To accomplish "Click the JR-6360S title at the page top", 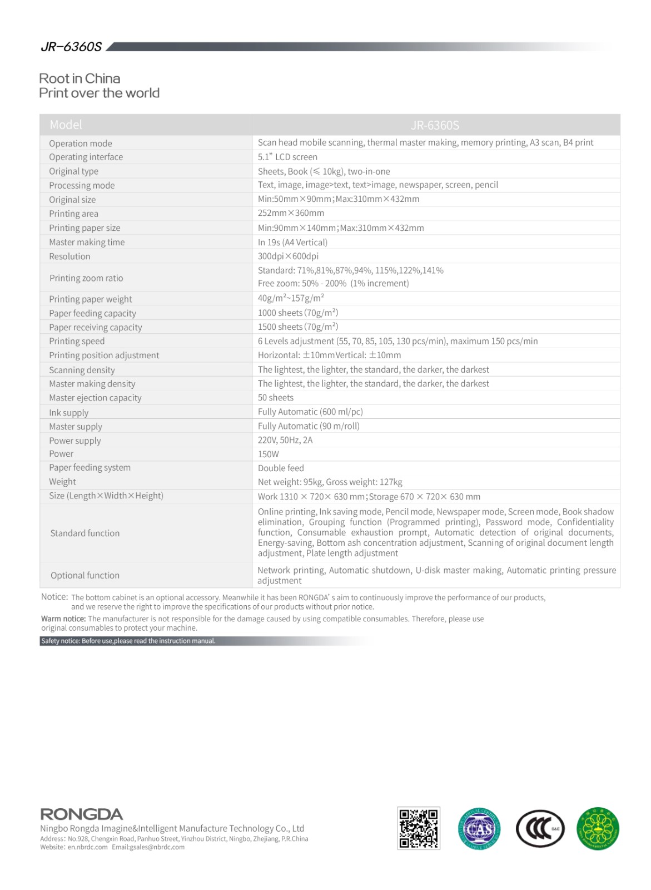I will [x=71, y=47].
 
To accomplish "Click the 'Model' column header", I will [x=66, y=125].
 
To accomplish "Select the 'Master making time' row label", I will [x=87, y=242].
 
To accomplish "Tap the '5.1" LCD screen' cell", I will [x=287, y=157].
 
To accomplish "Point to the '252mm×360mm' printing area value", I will [x=291, y=213].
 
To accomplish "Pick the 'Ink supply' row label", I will [x=68, y=413].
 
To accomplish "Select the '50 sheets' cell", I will [x=276, y=398].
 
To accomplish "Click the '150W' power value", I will [x=269, y=454].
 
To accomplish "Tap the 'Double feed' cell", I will [x=281, y=468].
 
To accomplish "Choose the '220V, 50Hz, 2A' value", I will [x=285, y=440].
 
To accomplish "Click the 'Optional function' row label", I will [x=85, y=575].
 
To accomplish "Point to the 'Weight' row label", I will [x=62, y=482].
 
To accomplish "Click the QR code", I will [x=419, y=828].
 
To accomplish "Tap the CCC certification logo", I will [x=540, y=829].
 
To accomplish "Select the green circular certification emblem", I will [x=598, y=829].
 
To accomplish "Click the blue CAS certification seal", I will [x=479, y=829].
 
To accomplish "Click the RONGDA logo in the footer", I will [x=81, y=814].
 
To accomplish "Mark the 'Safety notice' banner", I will [x=128, y=641].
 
